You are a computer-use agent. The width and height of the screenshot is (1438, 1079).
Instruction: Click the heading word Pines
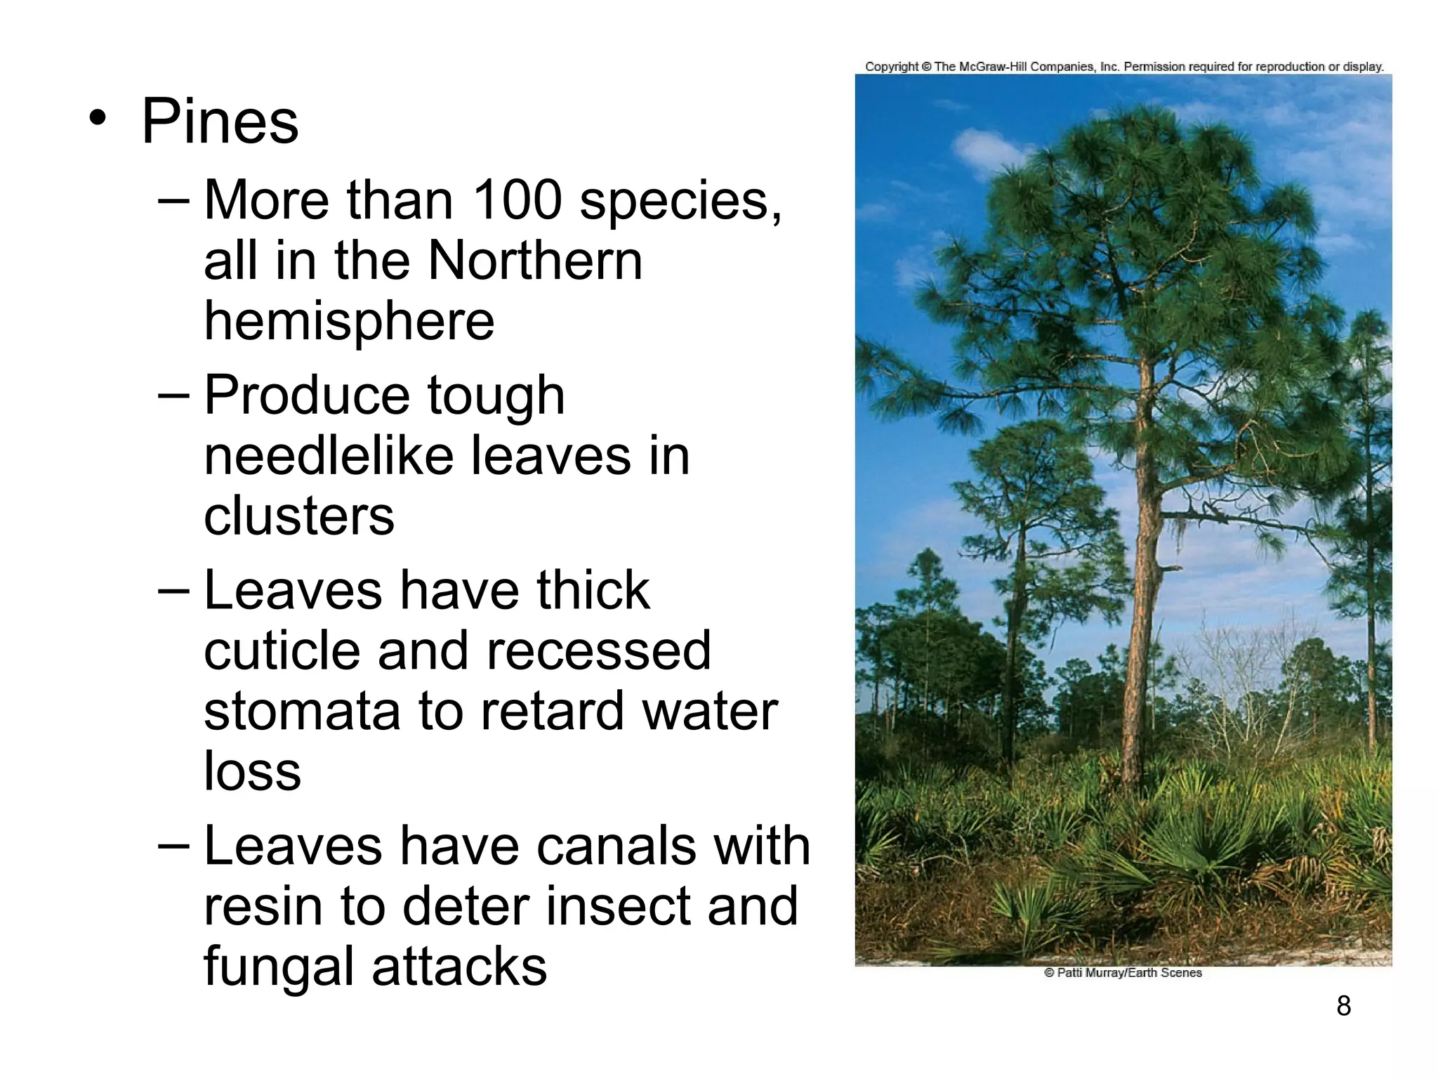coord(220,122)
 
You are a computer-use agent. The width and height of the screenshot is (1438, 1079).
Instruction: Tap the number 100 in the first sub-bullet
coord(517,200)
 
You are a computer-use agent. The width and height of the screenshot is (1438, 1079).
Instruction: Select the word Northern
coord(535,261)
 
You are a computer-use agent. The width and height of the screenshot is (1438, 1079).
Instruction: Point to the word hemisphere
coord(349,321)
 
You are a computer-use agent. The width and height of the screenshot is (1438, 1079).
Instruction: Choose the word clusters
coord(299,516)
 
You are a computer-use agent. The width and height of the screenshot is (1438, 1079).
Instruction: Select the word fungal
coord(279,967)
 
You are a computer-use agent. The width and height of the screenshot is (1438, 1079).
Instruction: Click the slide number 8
coord(1343,1006)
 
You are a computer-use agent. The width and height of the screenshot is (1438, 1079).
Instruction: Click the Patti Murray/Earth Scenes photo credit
coord(1123,973)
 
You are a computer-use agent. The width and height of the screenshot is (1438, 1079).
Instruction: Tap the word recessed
coord(598,650)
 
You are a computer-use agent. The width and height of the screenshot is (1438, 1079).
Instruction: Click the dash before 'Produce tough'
coord(173,395)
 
